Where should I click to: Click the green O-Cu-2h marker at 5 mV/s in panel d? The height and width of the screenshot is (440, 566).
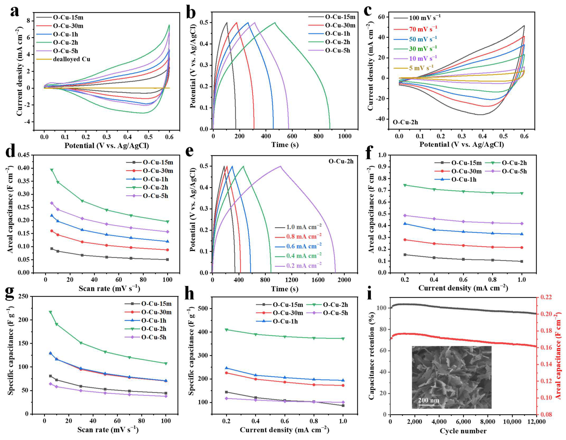pyautogui.click(x=52, y=170)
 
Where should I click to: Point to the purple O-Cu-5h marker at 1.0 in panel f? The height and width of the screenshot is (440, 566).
pyautogui.click(x=522, y=223)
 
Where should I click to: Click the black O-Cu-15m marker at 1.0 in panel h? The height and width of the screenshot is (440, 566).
pyautogui.click(x=343, y=406)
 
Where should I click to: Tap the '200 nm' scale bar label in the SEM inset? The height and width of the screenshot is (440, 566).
pyautogui.click(x=429, y=400)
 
